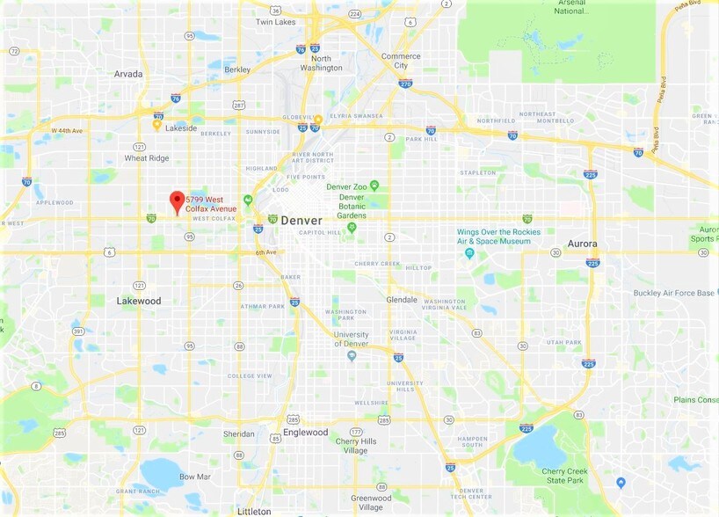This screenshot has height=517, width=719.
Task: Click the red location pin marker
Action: (x=177, y=201)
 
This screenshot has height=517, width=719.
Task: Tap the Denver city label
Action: (x=302, y=220)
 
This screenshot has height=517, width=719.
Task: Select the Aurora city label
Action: (x=582, y=244)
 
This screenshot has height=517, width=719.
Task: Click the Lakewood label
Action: (x=139, y=301)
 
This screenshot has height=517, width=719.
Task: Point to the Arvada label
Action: (x=128, y=74)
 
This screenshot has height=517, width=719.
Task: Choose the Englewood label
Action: (x=305, y=433)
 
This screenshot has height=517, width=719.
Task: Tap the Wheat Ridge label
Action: (x=148, y=158)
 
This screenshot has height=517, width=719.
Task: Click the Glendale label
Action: (x=402, y=299)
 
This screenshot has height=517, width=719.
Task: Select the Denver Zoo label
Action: (x=345, y=186)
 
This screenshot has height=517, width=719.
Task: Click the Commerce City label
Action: (x=401, y=61)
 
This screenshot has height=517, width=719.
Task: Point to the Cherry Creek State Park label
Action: (x=563, y=475)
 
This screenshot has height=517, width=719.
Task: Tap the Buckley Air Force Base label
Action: (x=674, y=293)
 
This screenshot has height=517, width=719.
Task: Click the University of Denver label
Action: (x=351, y=339)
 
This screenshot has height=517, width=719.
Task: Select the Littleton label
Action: (x=254, y=511)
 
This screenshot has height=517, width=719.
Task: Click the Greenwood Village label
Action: (x=371, y=503)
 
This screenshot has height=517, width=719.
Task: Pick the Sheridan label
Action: (x=238, y=433)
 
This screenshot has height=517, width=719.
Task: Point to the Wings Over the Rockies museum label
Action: (x=497, y=237)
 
